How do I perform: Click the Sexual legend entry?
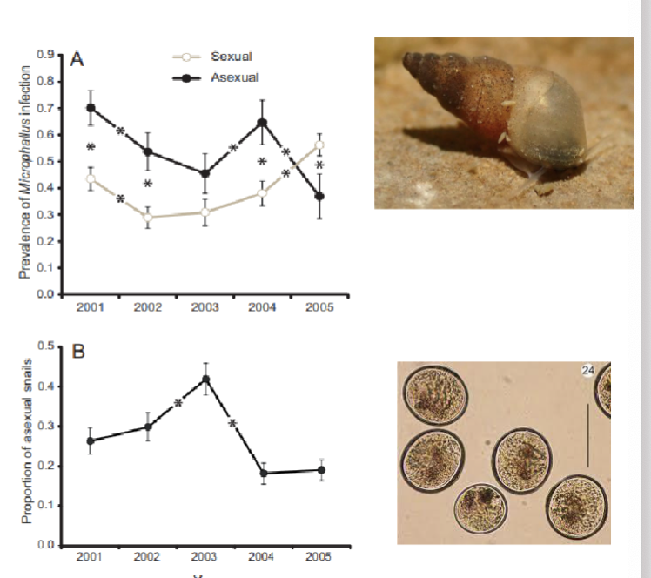231,57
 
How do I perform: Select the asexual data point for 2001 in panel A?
90,108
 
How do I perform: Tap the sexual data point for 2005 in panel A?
320,145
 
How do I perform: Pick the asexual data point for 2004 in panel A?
262,123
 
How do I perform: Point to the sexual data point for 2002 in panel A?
147,217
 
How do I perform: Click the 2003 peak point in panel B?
205,379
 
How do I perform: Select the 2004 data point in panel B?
263,473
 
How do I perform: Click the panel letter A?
77,60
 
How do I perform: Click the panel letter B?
77,353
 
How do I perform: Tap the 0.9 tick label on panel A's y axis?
44,56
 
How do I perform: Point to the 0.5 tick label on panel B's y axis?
44,346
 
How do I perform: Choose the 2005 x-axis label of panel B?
320,557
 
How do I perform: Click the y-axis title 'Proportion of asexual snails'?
26,446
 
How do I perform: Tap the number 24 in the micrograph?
587,372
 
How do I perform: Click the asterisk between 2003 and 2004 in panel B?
233,424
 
